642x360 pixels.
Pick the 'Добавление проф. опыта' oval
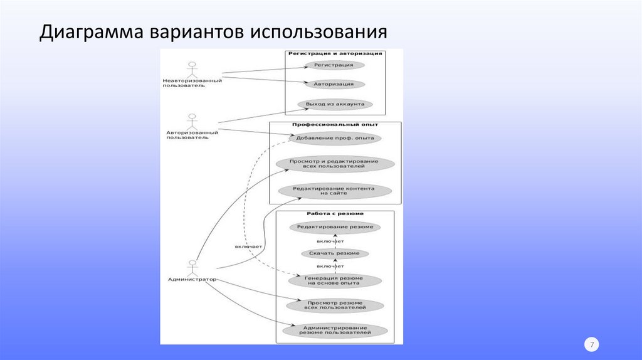[334, 137]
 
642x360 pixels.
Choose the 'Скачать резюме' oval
[335, 253]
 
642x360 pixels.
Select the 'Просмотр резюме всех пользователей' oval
[334, 305]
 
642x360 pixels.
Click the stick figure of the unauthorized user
[192, 68]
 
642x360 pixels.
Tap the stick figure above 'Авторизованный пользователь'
[192, 120]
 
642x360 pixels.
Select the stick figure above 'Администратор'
[192, 267]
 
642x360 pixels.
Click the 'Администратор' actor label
[192, 278]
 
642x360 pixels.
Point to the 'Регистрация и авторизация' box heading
[335, 54]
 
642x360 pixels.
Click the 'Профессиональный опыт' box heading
[335, 125]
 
